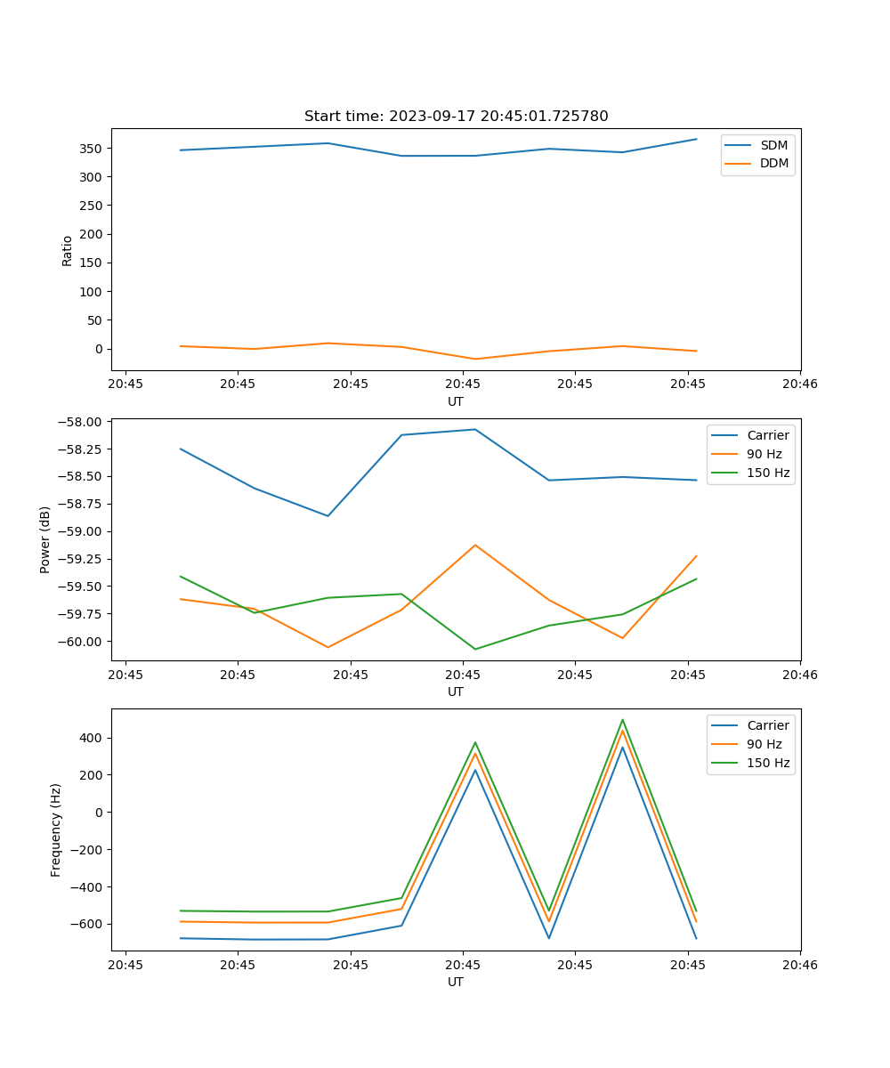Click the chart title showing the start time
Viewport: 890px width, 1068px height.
coord(456,116)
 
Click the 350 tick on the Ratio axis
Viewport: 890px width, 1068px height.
coord(93,149)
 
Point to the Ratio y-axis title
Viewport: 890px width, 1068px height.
coord(68,250)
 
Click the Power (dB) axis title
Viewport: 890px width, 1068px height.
coord(45,539)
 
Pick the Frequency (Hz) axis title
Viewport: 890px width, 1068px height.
coord(56,829)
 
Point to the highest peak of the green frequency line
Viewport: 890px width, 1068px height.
coord(622,720)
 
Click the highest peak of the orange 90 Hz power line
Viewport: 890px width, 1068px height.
coord(475,545)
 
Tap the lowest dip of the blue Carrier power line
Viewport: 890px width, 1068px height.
coord(328,516)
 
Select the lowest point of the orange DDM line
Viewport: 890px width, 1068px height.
coord(475,360)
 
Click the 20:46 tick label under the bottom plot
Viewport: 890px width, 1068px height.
coord(800,964)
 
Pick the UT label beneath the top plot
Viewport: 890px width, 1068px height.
coord(456,401)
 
